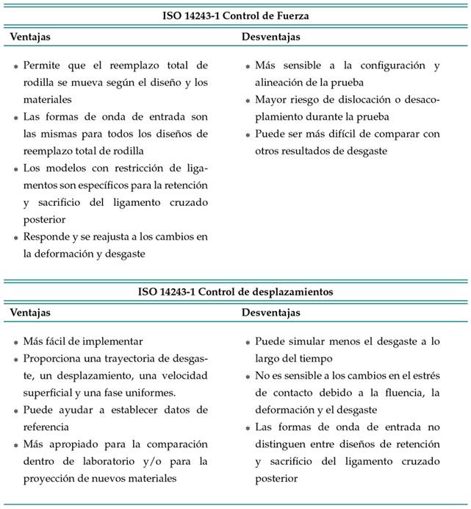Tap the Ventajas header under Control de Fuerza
click(x=30, y=36)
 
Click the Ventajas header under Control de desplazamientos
click(x=30, y=313)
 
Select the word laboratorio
click(x=107, y=460)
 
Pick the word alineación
click(x=285, y=82)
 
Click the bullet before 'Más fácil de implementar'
click(x=16, y=342)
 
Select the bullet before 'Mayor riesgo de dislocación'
click(x=248, y=100)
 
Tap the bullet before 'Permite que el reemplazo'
click(x=16, y=66)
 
